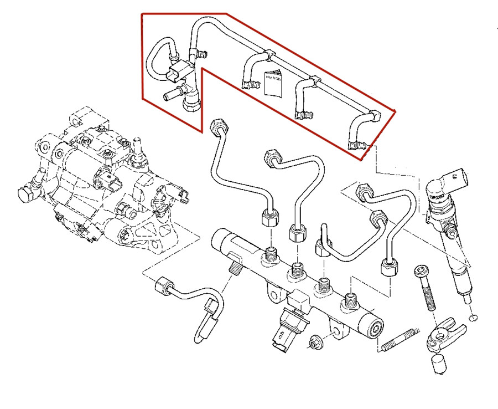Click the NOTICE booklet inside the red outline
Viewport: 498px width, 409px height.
click(273, 83)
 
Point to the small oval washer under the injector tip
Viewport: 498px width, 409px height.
click(473, 318)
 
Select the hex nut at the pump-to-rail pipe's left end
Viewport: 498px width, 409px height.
click(160, 285)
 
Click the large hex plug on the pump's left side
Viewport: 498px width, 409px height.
click(25, 195)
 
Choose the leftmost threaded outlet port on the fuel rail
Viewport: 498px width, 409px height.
click(270, 255)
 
